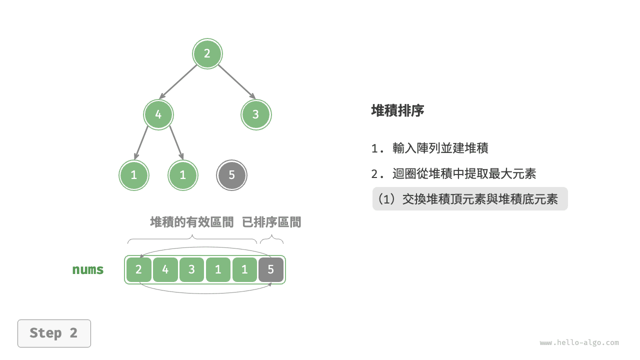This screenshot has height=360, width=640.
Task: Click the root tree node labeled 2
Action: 207,53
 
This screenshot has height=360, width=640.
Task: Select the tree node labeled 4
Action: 158,114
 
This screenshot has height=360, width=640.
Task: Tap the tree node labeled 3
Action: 256,114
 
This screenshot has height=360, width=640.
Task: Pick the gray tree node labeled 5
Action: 231,175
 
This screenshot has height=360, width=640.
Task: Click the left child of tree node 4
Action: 134,175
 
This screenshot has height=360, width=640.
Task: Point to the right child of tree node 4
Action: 183,175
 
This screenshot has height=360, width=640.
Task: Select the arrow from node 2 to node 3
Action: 236,81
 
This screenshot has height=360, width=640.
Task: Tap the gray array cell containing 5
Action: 271,270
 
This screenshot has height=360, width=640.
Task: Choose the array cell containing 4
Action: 165,270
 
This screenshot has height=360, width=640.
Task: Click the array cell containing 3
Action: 192,270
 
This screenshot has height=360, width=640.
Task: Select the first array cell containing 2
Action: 139,270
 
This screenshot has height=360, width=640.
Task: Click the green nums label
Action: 88,270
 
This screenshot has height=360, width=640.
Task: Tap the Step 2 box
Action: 54,333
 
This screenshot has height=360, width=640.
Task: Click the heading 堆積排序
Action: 397,111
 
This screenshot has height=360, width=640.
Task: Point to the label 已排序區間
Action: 271,222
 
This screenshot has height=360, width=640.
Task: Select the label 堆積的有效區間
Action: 192,222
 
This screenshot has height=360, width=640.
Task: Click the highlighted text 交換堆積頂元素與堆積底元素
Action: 479,199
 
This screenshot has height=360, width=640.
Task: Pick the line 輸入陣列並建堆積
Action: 440,148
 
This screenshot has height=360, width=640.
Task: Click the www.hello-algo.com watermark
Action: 579,343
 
